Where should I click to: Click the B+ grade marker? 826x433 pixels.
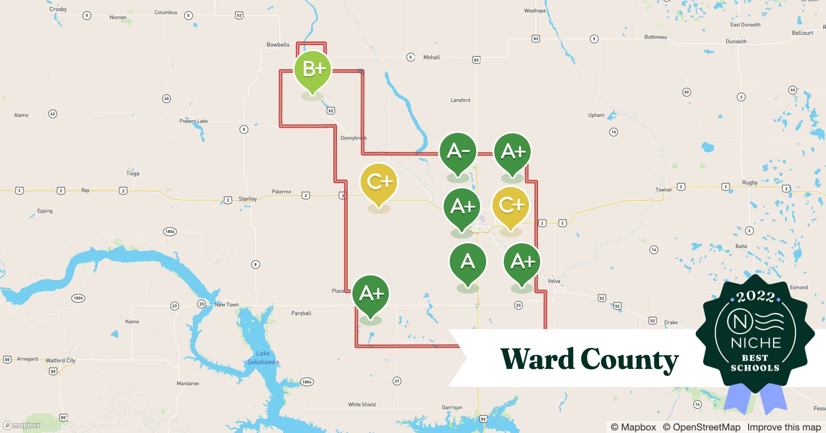tap(313, 69)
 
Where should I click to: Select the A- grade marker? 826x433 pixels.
tap(458, 152)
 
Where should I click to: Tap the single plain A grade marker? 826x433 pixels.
tap(467, 262)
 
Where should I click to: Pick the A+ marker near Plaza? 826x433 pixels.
tap(371, 294)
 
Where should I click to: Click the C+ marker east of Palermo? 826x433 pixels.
tap(379, 182)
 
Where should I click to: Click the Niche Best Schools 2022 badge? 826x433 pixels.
tap(755, 333)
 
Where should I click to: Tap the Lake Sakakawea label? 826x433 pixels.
tap(263, 358)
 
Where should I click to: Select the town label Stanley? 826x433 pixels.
tap(248, 199)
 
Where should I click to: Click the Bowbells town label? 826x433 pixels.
tap(278, 45)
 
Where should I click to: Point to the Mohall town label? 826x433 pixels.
tap(432, 57)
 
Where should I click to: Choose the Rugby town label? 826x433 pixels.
tap(750, 182)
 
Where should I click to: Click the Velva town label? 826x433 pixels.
tap(554, 281)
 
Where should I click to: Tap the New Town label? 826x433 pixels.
tap(227, 305)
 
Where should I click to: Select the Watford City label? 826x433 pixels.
tap(61, 360)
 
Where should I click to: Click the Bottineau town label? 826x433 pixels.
tap(656, 37)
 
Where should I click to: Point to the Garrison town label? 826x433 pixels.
tap(452, 407)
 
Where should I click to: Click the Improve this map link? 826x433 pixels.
tap(784, 427)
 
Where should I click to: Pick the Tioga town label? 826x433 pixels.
tap(133, 174)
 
